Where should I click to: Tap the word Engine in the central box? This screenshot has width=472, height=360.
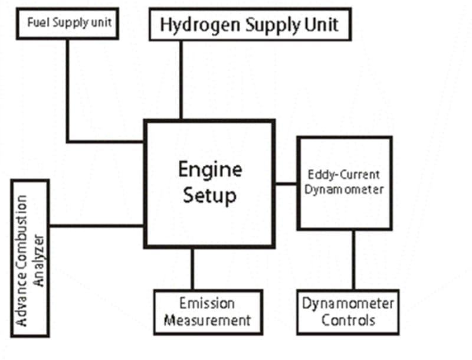pyautogui.click(x=210, y=169)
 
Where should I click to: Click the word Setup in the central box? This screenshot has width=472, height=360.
pyautogui.click(x=210, y=195)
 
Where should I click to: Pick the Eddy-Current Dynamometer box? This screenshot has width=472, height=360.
pyautogui.click(x=345, y=182)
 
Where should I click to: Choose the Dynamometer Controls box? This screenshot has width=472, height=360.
pyautogui.click(x=347, y=312)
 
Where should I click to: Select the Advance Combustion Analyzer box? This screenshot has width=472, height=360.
pyautogui.click(x=31, y=258)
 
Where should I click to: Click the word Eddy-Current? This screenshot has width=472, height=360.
pyautogui.click(x=345, y=175)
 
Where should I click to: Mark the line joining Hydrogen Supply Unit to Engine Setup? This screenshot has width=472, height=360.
pyautogui.click(x=181, y=80)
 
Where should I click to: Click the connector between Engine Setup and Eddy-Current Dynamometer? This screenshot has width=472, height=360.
pyautogui.click(x=286, y=184)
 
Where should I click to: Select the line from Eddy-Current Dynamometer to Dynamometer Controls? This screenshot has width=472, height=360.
pyautogui.click(x=353, y=260)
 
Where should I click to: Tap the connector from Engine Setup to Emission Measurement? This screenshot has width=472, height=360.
pyautogui.click(x=192, y=269)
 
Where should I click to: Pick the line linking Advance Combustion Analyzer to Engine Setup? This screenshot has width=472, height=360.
pyautogui.click(x=97, y=225)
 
